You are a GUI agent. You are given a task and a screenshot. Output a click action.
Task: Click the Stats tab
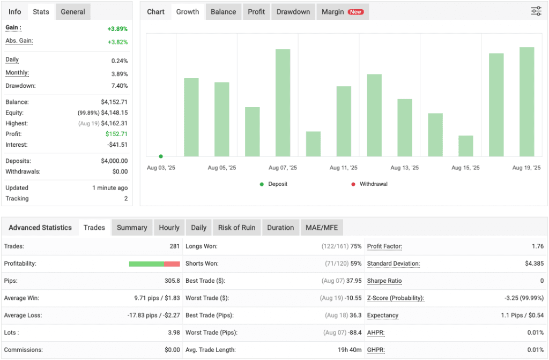coord(41,12)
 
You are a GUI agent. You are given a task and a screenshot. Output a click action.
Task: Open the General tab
coord(73,12)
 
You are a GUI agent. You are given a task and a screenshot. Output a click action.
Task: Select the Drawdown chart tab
coord(293,12)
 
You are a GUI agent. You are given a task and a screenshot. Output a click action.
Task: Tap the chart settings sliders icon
coord(536,11)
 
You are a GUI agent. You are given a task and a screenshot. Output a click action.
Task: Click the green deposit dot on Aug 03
coord(161,156)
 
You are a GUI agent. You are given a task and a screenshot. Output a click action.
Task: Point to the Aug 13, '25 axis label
coord(404,168)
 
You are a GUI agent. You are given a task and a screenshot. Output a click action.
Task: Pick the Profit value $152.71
coord(117,134)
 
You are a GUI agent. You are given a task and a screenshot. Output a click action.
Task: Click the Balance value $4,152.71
coord(114,102)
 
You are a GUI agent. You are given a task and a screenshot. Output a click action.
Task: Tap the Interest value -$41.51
coord(117,145)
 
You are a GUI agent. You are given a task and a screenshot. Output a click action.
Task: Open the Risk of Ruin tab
coord(236,228)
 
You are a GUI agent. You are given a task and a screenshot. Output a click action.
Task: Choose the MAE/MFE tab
coord(322,228)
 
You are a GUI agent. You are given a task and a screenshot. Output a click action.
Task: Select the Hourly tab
coord(169,228)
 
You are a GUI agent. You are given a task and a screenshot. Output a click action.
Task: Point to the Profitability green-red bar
coord(154,264)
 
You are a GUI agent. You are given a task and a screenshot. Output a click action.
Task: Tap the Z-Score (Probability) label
coord(395,298)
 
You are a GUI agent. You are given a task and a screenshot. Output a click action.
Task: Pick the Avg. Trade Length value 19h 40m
coord(348,350)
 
